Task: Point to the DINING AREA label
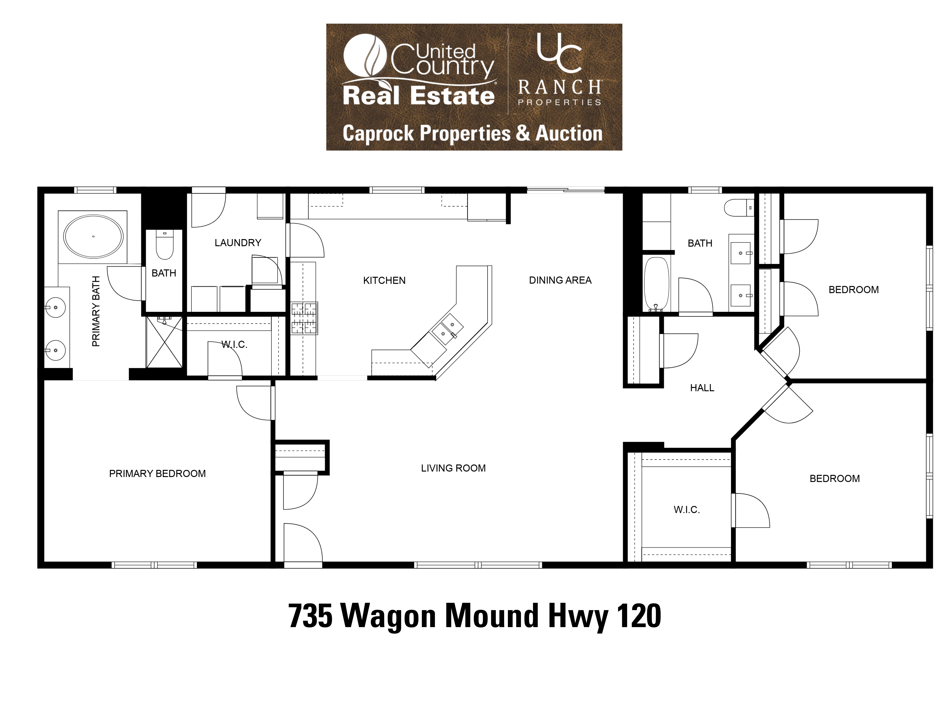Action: pyautogui.click(x=560, y=280)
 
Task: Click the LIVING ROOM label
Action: pyautogui.click(x=453, y=468)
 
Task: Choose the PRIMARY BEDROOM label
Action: pyautogui.click(x=157, y=474)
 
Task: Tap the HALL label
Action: pyautogui.click(x=702, y=388)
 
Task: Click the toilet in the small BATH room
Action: pyautogui.click(x=164, y=245)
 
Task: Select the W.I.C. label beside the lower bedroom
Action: pyautogui.click(x=687, y=510)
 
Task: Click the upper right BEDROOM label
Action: pyautogui.click(x=853, y=290)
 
